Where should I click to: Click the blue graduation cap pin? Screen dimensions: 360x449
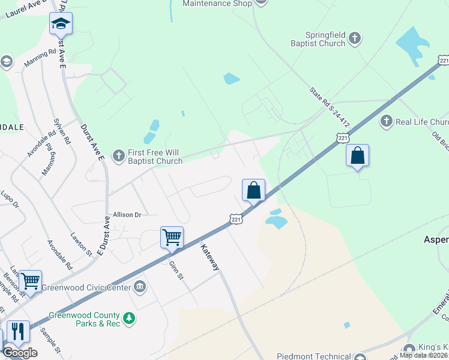(61, 23)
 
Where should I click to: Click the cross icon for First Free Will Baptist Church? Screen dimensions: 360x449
(119, 155)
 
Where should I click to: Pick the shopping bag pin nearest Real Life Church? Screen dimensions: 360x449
(357, 156)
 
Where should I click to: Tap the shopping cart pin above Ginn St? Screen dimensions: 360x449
(172, 237)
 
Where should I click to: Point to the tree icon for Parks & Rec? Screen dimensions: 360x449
(128, 319)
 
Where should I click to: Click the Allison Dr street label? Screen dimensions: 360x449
(127, 214)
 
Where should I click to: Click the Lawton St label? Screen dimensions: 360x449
(80, 245)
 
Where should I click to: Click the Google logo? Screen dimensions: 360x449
(20, 353)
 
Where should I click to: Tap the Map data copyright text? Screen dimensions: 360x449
(424, 355)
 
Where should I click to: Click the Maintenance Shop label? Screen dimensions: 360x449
(215, 4)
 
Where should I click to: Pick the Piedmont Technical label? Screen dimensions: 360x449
(316, 356)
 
